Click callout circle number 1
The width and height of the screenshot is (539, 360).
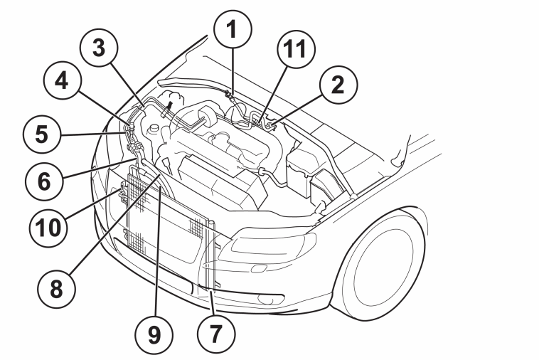[x=233, y=29]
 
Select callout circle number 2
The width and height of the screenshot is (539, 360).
[x=338, y=85]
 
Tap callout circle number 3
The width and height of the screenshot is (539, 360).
[x=99, y=48]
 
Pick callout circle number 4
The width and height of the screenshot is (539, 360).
[x=63, y=81]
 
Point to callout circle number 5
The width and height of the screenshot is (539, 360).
[x=42, y=134]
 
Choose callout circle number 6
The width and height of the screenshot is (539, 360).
[x=44, y=181]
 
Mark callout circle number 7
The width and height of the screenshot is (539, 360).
[x=216, y=334]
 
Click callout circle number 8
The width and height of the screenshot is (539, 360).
[x=57, y=289]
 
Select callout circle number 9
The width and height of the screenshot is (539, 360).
[x=154, y=335]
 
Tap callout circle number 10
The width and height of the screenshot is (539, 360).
[x=48, y=228]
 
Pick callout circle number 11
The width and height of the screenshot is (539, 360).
[x=296, y=48]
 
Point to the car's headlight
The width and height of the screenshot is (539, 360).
[x=267, y=247]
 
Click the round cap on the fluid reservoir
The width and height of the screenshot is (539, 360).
[x=153, y=128]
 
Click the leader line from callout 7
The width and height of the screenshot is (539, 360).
[x=212, y=302]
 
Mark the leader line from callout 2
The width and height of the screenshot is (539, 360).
[x=297, y=111]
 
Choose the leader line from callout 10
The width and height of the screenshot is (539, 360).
[x=92, y=205]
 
